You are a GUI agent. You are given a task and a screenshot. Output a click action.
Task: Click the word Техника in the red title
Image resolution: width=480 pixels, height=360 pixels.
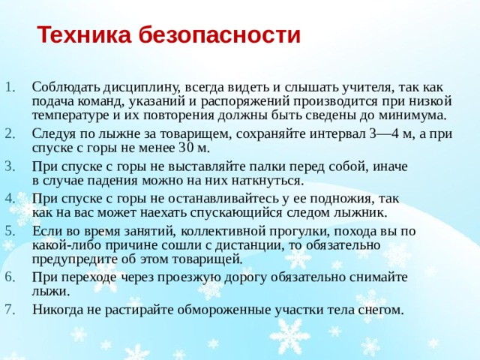pos(84,34)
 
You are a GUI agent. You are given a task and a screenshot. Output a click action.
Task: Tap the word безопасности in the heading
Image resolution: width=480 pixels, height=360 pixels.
pos(220,34)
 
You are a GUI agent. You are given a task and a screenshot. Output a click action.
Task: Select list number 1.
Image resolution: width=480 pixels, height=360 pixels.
pos(10,87)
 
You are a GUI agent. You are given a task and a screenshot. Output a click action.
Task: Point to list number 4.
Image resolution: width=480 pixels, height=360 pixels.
pos(10,199)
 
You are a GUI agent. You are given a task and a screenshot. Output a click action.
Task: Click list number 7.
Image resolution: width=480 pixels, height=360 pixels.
pos(10,310)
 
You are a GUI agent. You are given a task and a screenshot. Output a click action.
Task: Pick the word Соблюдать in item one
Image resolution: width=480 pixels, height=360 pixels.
pos(66,87)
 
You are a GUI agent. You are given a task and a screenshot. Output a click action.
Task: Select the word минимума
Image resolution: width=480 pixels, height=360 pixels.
pos(413,115)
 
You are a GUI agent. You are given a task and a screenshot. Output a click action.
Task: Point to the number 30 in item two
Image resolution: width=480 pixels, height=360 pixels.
pos(186,148)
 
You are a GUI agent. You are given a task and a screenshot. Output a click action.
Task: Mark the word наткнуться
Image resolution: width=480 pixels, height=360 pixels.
pos(267,181)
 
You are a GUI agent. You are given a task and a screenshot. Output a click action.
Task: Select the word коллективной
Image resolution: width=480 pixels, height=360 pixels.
pos(223,232)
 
